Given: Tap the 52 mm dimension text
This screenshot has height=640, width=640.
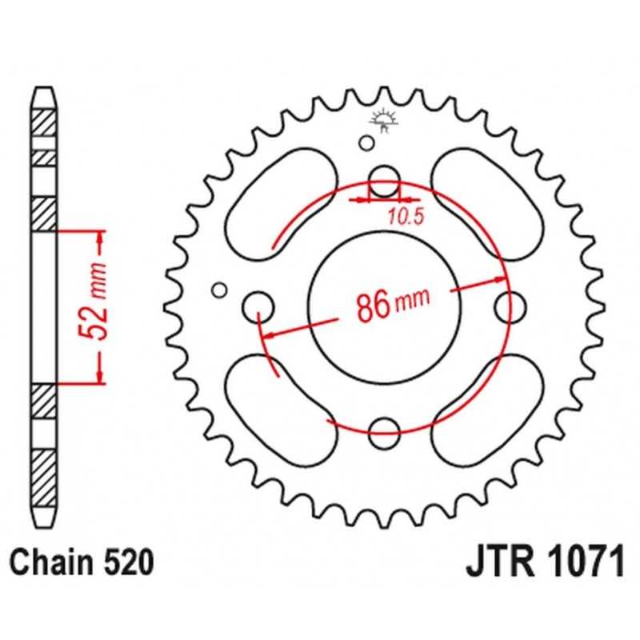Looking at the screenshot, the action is pyautogui.click(x=93, y=302).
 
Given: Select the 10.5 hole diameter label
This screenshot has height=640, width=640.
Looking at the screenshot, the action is pyautogui.click(x=406, y=217).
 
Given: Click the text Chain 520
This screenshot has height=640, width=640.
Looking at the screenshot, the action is pyautogui.click(x=82, y=563).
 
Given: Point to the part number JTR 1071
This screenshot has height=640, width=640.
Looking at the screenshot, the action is pyautogui.click(x=546, y=563).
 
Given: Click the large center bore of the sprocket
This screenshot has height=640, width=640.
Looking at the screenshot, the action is pyautogui.click(x=384, y=307).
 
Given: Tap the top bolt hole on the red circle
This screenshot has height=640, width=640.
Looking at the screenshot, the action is pyautogui.click(x=384, y=182).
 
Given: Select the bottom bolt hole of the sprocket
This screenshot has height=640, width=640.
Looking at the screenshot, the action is pyautogui.click(x=384, y=433).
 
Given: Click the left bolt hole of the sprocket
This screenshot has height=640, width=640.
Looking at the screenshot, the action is pyautogui.click(x=258, y=307).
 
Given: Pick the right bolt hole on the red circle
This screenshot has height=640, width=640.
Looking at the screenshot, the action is pyautogui.click(x=510, y=307).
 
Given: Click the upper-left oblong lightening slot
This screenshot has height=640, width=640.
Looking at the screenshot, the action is pyautogui.click(x=282, y=204).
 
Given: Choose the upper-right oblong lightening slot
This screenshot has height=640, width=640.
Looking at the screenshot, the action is pyautogui.click(x=487, y=204).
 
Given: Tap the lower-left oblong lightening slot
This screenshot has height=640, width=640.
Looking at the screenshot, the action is pyautogui.click(x=282, y=410).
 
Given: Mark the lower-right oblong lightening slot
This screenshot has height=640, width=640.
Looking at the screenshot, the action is pyautogui.click(x=487, y=410).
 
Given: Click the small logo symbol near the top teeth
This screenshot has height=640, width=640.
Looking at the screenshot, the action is pyautogui.click(x=383, y=119).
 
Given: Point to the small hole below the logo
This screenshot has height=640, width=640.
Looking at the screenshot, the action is pyautogui.click(x=366, y=143).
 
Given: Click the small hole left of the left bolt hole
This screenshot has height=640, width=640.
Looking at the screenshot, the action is pyautogui.click(x=219, y=290).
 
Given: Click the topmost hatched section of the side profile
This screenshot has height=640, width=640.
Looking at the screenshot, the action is pyautogui.click(x=44, y=123).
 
